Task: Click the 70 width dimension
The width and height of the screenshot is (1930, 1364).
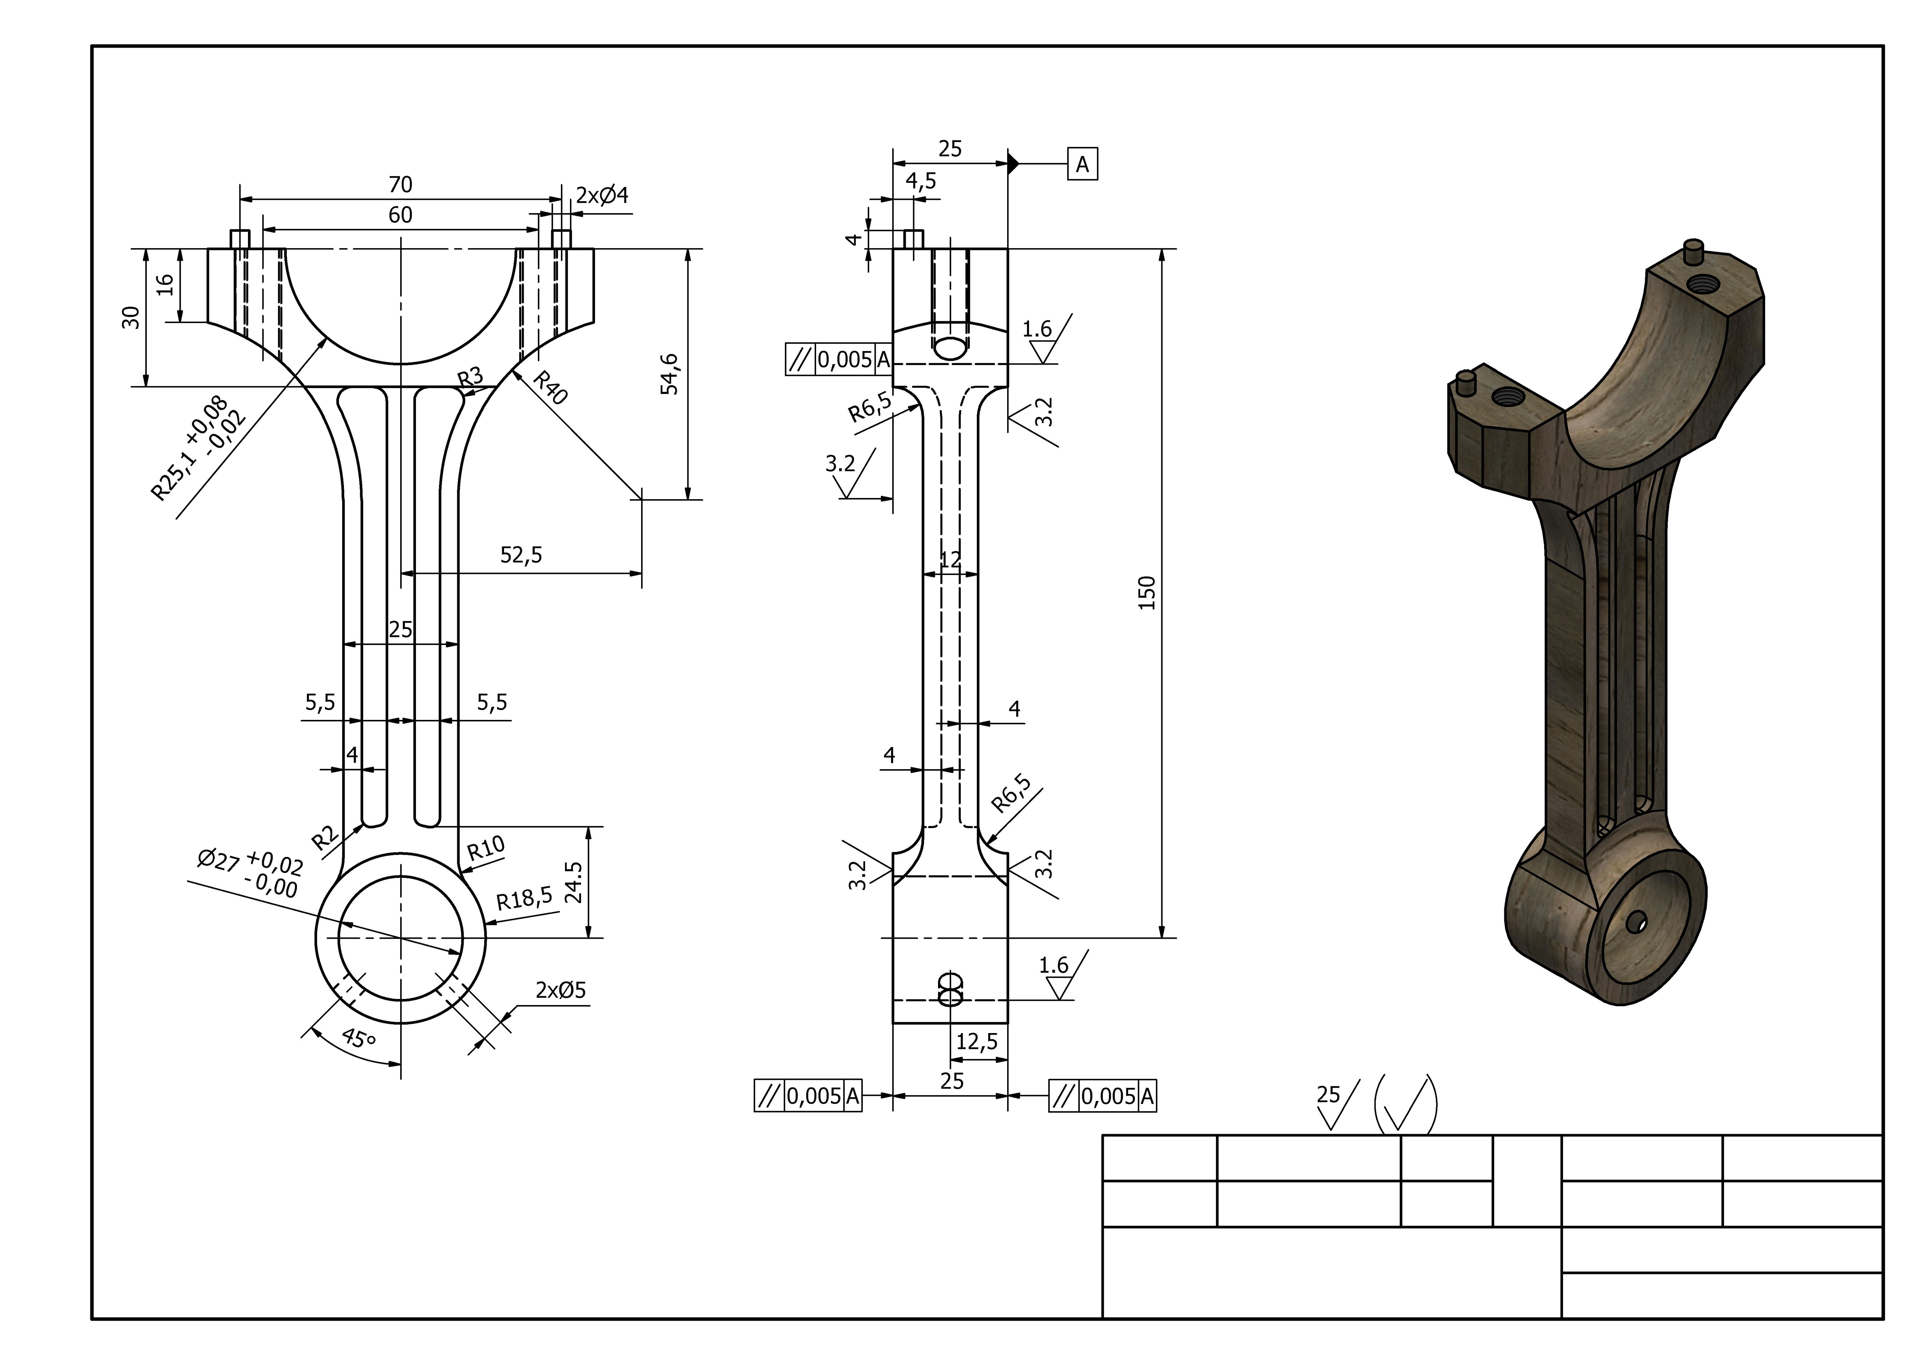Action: click(400, 184)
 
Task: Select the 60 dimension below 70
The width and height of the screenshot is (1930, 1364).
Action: click(400, 215)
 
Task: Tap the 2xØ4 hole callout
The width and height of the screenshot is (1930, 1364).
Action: click(602, 196)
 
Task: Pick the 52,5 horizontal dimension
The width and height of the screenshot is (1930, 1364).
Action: click(521, 555)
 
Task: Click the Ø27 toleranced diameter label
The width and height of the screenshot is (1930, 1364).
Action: click(250, 872)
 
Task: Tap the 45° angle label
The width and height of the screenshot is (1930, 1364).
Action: click(359, 1039)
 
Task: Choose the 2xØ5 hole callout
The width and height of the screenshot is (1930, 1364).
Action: click(561, 990)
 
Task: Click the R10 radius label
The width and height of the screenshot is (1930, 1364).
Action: click(486, 848)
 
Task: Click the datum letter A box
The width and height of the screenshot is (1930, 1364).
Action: click(1083, 165)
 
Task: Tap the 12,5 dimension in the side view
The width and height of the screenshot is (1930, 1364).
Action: click(977, 1042)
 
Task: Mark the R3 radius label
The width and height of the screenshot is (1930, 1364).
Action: click(471, 377)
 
